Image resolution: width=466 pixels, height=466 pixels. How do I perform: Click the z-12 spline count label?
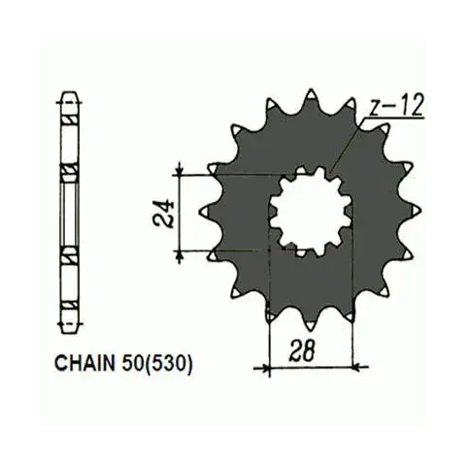coord(396,106)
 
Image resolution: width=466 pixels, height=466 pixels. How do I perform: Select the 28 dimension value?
coord(304,350)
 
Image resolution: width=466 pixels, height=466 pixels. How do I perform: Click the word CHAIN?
coord(85,363)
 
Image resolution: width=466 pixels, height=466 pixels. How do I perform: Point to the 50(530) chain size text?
coord(157,364)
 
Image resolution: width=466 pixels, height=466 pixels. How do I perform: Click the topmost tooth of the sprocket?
coord(312,96)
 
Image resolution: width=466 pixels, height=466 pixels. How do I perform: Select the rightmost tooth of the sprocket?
coord(415,211)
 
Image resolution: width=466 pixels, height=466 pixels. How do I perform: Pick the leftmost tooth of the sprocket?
coord(205,212)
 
